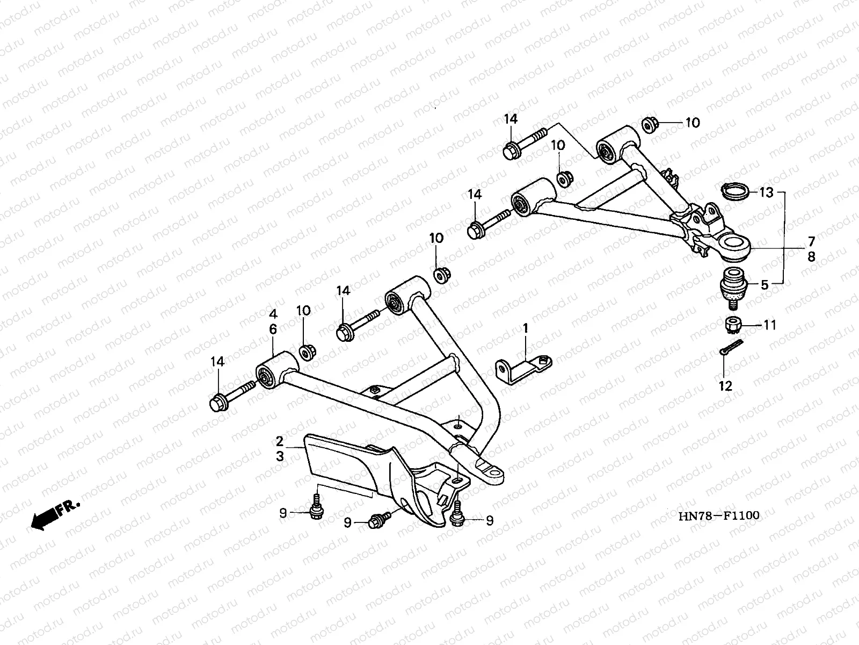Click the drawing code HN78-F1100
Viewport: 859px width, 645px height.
pyautogui.click(x=719, y=516)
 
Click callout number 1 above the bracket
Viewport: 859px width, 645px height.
pyautogui.click(x=526, y=328)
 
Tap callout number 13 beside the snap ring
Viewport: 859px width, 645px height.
pyautogui.click(x=767, y=192)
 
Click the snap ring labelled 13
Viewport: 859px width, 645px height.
pyautogui.click(x=736, y=191)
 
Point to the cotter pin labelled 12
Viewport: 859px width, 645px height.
pyautogui.click(x=731, y=347)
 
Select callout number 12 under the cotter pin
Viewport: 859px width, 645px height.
pyautogui.click(x=725, y=386)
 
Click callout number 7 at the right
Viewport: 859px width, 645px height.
pyautogui.click(x=811, y=241)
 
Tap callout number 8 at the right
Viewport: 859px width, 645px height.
pyautogui.click(x=811, y=257)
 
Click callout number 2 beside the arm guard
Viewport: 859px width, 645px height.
pyautogui.click(x=279, y=441)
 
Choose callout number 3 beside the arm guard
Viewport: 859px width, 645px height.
pyautogui.click(x=279, y=457)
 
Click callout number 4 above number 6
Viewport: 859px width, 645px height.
pyautogui.click(x=273, y=314)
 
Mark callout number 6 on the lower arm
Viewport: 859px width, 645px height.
pyautogui.click(x=273, y=329)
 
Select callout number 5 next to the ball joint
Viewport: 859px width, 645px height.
pyautogui.click(x=765, y=285)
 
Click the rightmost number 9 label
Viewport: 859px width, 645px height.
pyautogui.click(x=490, y=521)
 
